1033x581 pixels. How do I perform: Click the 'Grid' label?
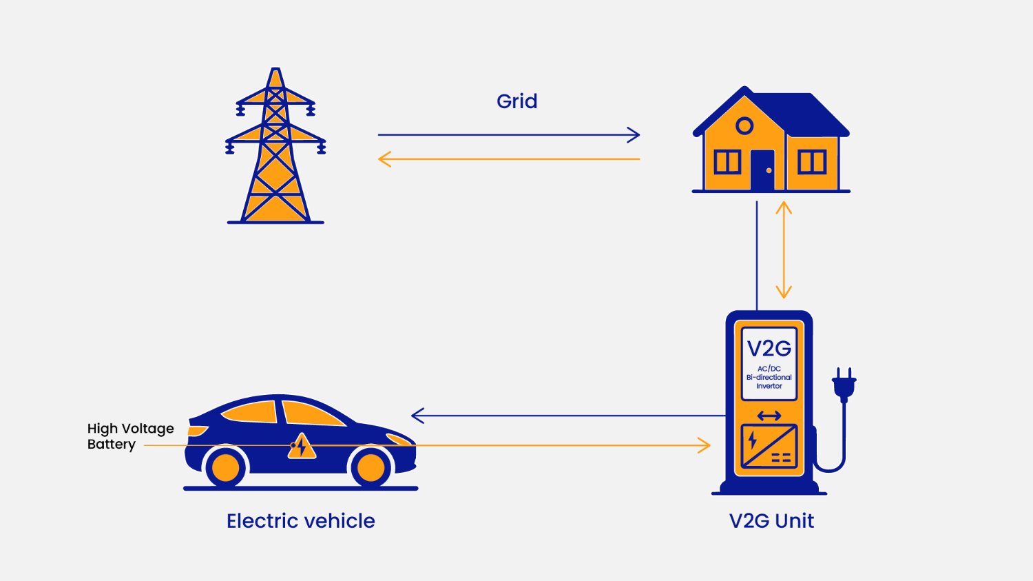516,101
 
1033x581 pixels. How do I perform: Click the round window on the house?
744,126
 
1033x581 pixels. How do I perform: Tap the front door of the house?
762,170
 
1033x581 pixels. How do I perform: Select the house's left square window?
727,162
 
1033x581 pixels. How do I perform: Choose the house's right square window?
811,162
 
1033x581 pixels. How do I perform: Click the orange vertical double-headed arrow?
783,249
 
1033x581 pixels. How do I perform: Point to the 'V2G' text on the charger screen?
769,349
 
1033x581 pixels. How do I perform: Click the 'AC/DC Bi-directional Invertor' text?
769,378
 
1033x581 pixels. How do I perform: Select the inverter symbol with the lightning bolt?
769,446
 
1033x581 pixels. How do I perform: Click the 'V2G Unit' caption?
771,521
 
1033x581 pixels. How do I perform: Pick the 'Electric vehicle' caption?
301,521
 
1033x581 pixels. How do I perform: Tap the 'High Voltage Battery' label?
130,436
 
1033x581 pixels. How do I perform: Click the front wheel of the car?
371,467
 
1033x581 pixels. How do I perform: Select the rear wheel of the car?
225,467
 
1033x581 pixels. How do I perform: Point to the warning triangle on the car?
302,447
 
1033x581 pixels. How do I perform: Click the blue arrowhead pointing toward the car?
417,416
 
